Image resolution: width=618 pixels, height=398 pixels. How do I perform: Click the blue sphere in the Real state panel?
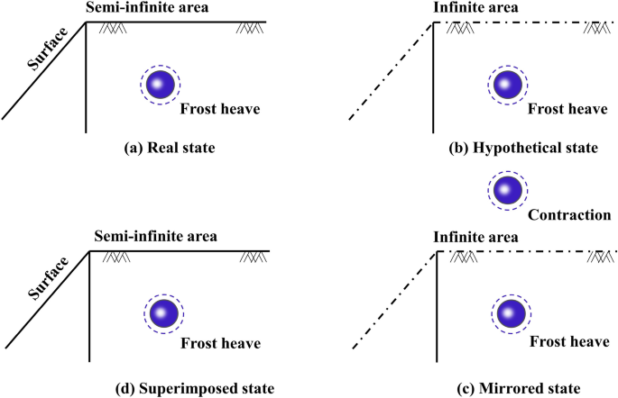pyautogui.click(x=160, y=84)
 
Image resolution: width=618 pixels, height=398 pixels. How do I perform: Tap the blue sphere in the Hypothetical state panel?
pyautogui.click(x=506, y=84)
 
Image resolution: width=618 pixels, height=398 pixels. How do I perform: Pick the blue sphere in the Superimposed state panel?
pyautogui.click(x=163, y=313)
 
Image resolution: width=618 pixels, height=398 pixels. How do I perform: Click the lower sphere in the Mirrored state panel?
pyautogui.click(x=510, y=313)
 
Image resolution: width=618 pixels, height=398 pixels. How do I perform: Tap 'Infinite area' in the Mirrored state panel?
pyautogui.click(x=473, y=238)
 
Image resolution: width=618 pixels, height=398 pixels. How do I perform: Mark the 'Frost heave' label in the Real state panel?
pyautogui.click(x=220, y=109)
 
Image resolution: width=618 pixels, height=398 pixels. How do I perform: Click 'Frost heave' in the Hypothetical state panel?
pyautogui.click(x=567, y=109)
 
